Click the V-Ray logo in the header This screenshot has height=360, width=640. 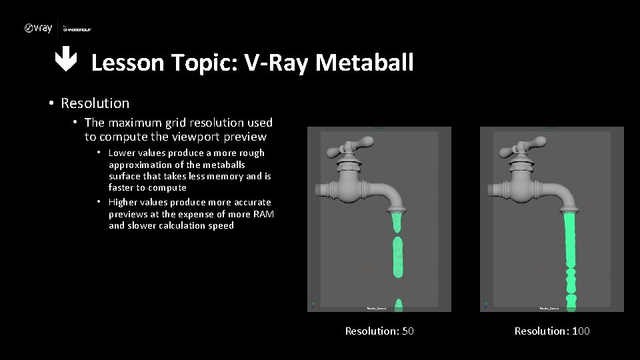coord(38,28)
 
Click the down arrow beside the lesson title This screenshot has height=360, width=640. coord(65,62)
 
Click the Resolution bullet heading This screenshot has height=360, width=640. coord(95,103)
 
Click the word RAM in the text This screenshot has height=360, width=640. coord(262,214)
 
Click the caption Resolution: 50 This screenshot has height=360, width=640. coord(379,331)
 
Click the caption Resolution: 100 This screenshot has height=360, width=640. coord(552,331)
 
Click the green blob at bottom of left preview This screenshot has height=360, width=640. coord(399,305)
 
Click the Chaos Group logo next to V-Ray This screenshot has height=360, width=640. coord(77,29)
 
